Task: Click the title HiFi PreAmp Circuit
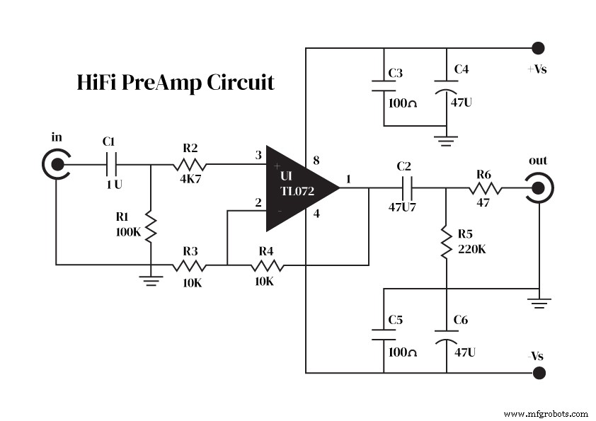(x=175, y=83)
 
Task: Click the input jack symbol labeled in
(x=56, y=166)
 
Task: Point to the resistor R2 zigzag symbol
(x=188, y=166)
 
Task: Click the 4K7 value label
(x=190, y=180)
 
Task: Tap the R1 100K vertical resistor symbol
(x=151, y=226)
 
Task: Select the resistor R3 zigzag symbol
(x=189, y=266)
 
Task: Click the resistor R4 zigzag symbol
(x=266, y=266)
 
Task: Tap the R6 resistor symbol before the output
(x=484, y=188)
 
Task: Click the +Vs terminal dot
(x=538, y=48)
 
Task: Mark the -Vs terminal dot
(x=538, y=372)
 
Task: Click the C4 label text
(x=461, y=69)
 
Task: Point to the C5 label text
(x=396, y=320)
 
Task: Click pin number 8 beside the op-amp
(x=315, y=161)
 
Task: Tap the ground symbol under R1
(x=151, y=279)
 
